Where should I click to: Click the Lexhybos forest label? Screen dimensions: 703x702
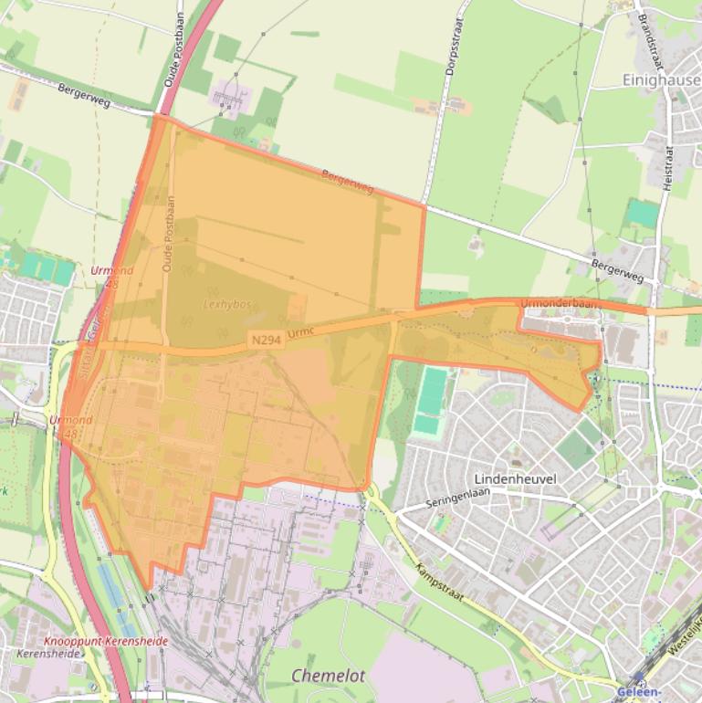pyautogui.click(x=228, y=305)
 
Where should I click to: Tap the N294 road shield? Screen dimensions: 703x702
pyautogui.click(x=265, y=340)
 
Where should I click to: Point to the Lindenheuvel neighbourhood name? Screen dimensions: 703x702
pyautogui.click(x=516, y=478)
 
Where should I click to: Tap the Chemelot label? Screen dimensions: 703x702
pyautogui.click(x=328, y=676)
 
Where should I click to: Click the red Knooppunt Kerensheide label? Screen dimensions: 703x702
pyautogui.click(x=106, y=642)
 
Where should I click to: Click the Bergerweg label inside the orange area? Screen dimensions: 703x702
pyautogui.click(x=348, y=181)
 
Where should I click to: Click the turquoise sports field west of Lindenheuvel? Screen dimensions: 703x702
pyautogui.click(x=430, y=403)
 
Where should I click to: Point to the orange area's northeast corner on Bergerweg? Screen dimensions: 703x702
pyautogui.click(x=424, y=206)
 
